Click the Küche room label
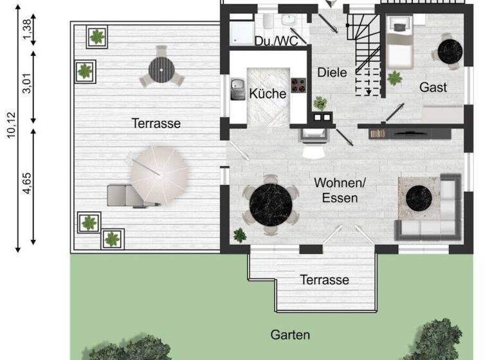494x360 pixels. (268, 94)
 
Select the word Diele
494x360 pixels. (332, 73)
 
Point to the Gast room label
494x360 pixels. (433, 87)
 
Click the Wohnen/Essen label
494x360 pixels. (336, 190)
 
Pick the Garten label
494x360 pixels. (290, 335)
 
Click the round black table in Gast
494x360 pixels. (448, 50)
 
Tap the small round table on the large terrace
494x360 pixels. (162, 69)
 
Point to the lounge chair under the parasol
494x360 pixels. (127, 195)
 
